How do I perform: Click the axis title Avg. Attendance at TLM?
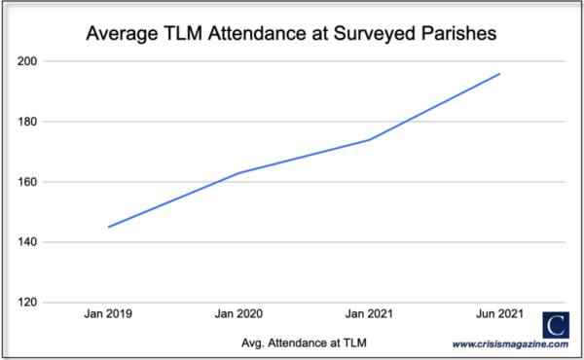(x=305, y=342)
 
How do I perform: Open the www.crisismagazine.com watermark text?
(x=511, y=343)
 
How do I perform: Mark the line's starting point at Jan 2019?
(x=109, y=227)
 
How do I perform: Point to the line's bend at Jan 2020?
(x=239, y=172)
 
